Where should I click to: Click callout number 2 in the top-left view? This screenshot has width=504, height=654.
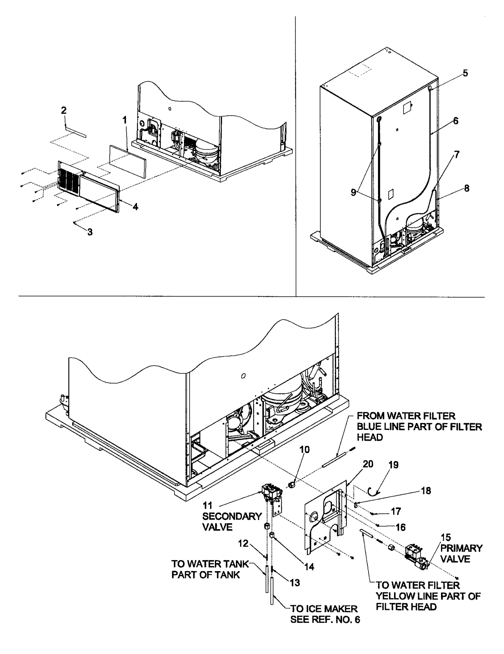pyautogui.click(x=64, y=110)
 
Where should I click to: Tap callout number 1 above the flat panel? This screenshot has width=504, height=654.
pyautogui.click(x=125, y=120)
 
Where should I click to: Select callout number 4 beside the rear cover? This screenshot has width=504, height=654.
pyautogui.click(x=135, y=207)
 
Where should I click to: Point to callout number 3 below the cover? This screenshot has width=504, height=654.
pyautogui.click(x=90, y=232)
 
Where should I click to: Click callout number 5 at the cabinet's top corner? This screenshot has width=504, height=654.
pyautogui.click(x=465, y=73)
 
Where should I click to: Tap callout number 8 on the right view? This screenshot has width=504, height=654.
pyautogui.click(x=467, y=188)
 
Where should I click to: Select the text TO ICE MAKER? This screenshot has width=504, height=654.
pyautogui.click(x=324, y=609)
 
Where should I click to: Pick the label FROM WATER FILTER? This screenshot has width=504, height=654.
pyautogui.click(x=406, y=416)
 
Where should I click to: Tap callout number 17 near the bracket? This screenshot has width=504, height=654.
pyautogui.click(x=396, y=511)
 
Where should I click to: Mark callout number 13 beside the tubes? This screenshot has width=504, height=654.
pyautogui.click(x=295, y=583)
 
